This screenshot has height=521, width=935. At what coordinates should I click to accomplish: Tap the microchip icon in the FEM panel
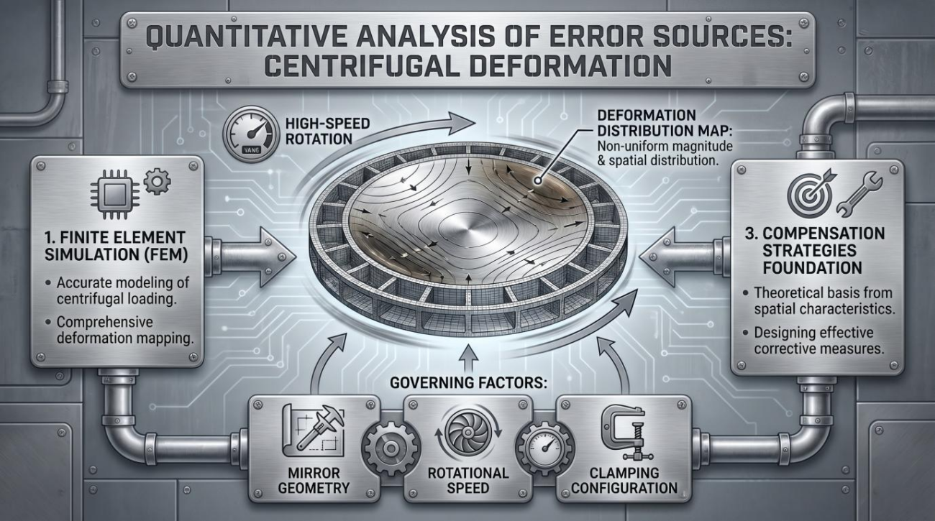[x=115, y=194]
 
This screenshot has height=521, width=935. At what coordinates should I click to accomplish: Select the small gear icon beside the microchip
[x=157, y=181]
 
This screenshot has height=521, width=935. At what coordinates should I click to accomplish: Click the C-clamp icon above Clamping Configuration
[x=623, y=433]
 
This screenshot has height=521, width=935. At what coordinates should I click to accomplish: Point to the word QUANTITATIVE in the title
[x=245, y=37]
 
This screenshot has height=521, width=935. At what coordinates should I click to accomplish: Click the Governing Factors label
[x=468, y=382]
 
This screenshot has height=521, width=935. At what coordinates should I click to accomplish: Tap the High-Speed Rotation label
[x=327, y=131]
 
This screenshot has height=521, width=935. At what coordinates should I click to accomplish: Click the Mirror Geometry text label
[x=314, y=480]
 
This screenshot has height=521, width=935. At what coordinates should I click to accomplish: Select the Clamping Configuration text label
[x=624, y=480]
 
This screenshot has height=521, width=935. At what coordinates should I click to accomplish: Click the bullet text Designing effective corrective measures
[x=818, y=341]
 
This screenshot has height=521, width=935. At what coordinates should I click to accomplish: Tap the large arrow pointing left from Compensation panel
[x=680, y=257]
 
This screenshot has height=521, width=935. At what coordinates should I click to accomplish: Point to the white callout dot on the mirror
[x=538, y=180]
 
